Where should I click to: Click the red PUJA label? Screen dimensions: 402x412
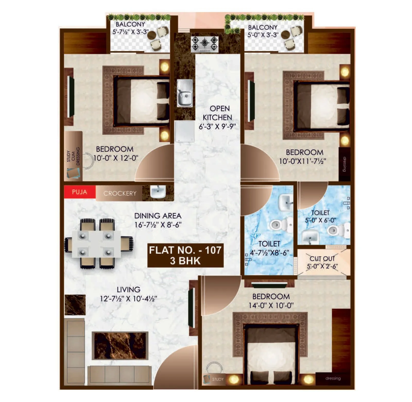click(x=79, y=192)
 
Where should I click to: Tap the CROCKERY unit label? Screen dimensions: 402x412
click(x=120, y=193)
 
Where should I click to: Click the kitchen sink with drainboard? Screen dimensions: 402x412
click(x=185, y=93)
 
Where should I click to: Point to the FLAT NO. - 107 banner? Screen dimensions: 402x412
click(x=185, y=255)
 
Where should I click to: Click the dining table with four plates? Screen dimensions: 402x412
click(x=96, y=244)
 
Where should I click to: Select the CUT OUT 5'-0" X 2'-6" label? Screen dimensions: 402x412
click(x=322, y=262)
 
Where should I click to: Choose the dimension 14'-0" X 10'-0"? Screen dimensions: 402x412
click(x=271, y=305)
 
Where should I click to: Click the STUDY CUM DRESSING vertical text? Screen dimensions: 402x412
click(x=73, y=156)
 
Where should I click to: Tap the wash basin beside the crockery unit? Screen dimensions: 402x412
click(x=158, y=192)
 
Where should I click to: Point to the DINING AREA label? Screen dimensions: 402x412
click(x=158, y=216)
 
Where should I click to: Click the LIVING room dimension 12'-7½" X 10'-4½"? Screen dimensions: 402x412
click(x=128, y=299)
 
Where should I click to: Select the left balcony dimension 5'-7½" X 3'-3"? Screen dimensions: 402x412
click(x=130, y=32)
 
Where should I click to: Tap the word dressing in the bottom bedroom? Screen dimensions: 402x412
click(x=333, y=378)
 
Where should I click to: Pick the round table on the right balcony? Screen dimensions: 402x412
click(x=285, y=35)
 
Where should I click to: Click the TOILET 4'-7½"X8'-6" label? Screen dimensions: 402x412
click(x=269, y=248)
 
